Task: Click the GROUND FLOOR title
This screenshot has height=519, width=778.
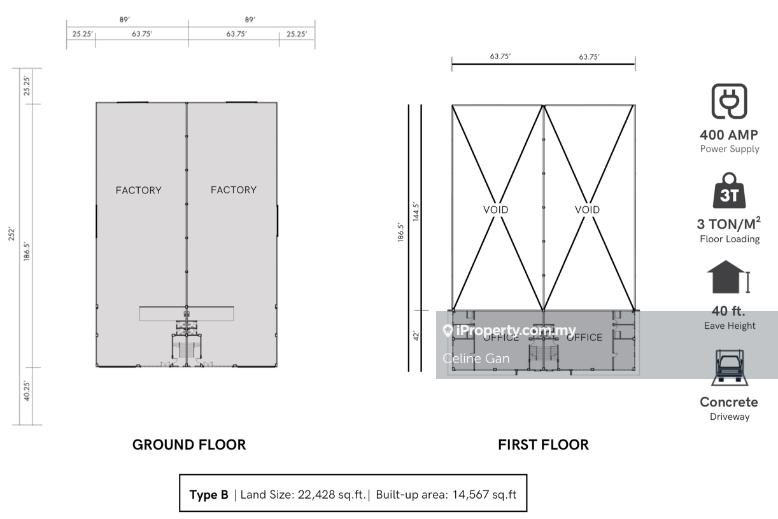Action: pos(189,445)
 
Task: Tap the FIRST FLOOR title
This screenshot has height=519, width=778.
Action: pos(543,445)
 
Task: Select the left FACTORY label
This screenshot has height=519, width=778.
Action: pos(139,190)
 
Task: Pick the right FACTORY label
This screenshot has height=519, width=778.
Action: pos(234,190)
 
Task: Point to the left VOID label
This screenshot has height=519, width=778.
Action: pos(495,209)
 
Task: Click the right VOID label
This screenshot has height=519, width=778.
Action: pos(588,209)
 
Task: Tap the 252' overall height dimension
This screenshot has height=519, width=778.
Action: pos(12,234)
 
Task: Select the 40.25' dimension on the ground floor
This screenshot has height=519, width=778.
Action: pos(27,391)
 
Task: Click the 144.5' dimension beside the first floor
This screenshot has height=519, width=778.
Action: pos(416,212)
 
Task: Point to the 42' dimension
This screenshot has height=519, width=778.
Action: pos(416,336)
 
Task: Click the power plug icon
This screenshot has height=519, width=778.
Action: pos(729,101)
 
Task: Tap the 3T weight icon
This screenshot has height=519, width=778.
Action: pos(729,190)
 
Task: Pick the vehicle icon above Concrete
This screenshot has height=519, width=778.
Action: pos(730,368)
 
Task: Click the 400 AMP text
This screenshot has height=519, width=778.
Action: pos(729,135)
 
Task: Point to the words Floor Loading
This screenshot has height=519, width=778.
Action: pos(730,239)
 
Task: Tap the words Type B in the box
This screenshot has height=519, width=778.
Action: pos(209,495)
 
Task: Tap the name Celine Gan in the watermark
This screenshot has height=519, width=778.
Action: pos(476,358)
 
